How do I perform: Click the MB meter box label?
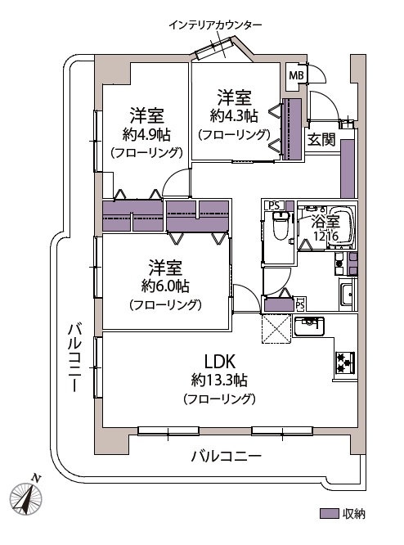coord(296,75)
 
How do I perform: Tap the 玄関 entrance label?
coord(321,139)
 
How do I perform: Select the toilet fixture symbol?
coord(281,225)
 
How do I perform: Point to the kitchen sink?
coord(309,326)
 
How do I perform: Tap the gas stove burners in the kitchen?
coord(344,362)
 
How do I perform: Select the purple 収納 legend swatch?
coord(329,514)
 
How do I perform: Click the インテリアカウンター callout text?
coord(215,25)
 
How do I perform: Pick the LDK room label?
coord(219,362)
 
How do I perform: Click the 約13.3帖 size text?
coord(219,380)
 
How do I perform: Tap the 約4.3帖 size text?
coord(234,115)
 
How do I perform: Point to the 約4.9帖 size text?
coord(146,134)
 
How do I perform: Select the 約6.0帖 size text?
coord(165,286)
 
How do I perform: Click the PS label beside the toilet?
coord(274,205)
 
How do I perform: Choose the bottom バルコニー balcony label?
coord(227,456)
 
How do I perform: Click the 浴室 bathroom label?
coord(325,222)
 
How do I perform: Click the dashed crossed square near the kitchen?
coord(276,328)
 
